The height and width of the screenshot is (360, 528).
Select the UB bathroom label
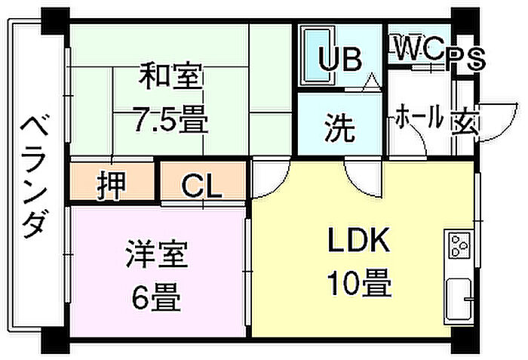click(339, 60)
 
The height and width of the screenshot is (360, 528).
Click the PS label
click(464, 60)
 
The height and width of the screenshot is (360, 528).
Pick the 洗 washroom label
click(339, 129)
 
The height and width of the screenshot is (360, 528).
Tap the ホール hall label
click(419, 118)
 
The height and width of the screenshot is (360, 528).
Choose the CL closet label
click(203, 184)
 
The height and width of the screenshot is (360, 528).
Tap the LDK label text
click(358, 242)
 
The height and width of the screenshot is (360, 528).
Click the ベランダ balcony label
click(34, 178)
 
